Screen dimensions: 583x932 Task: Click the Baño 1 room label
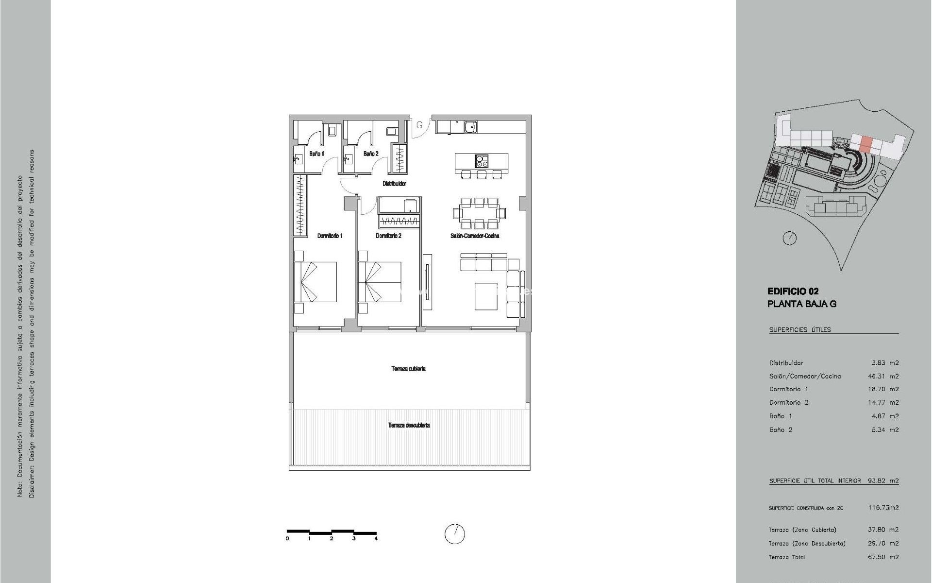tap(316, 154)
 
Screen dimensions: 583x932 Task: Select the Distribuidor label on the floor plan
tap(394, 184)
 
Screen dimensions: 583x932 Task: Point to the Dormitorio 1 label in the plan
tap(330, 236)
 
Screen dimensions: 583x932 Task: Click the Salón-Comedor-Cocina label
tap(475, 236)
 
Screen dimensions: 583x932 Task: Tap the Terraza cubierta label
tap(408, 369)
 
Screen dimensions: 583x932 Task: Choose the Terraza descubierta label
tap(409, 425)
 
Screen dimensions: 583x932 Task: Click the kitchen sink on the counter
tap(470, 127)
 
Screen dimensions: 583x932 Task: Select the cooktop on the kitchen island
tap(482, 160)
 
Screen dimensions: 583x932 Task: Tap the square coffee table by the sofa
tap(486, 296)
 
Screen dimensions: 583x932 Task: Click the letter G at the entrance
tap(420, 125)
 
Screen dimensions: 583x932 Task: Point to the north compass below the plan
tap(455, 534)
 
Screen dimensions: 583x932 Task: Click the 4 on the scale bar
tap(376, 538)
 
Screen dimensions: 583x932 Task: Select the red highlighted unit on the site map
tap(866, 144)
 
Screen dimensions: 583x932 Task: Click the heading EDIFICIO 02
tap(793, 291)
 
